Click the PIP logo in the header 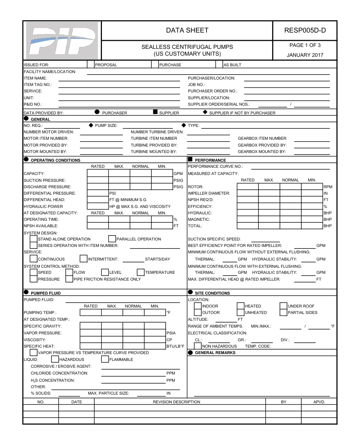tap(62, 40)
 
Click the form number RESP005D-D tap(305, 31)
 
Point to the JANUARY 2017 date tap(305, 55)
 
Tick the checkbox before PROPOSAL tap(91, 65)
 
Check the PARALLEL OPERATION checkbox tap(112, 239)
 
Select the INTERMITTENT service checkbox tap(84, 259)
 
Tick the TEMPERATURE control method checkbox tap(141, 272)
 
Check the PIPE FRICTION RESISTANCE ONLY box tap(69, 279)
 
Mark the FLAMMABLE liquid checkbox tap(105, 359)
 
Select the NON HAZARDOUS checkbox tap(197, 346)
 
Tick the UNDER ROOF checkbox tap(283, 306)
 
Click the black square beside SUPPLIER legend tap(155, 112)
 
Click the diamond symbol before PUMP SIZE tap(91, 125)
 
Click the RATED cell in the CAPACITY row tap(98, 173)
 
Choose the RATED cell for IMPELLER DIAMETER tap(248, 193)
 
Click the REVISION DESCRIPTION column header tap(177, 402)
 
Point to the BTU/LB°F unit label tap(175, 346)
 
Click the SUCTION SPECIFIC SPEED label tap(214, 239)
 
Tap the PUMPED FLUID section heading tap(45, 293)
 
